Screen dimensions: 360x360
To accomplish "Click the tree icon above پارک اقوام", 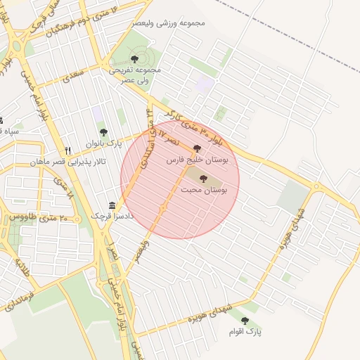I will tap(245, 321).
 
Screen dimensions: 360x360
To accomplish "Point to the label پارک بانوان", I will tap(104, 143).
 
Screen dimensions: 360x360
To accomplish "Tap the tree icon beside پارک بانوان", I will tap(103, 132).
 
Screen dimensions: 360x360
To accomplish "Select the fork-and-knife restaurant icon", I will tap(68, 150).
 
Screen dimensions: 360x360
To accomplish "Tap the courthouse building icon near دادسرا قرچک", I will tap(111, 204).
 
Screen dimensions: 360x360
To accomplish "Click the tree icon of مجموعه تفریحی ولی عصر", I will tap(134, 60).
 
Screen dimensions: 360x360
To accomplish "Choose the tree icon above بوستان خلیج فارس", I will tap(196, 148).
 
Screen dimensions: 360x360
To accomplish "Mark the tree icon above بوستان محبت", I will tap(204, 179).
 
